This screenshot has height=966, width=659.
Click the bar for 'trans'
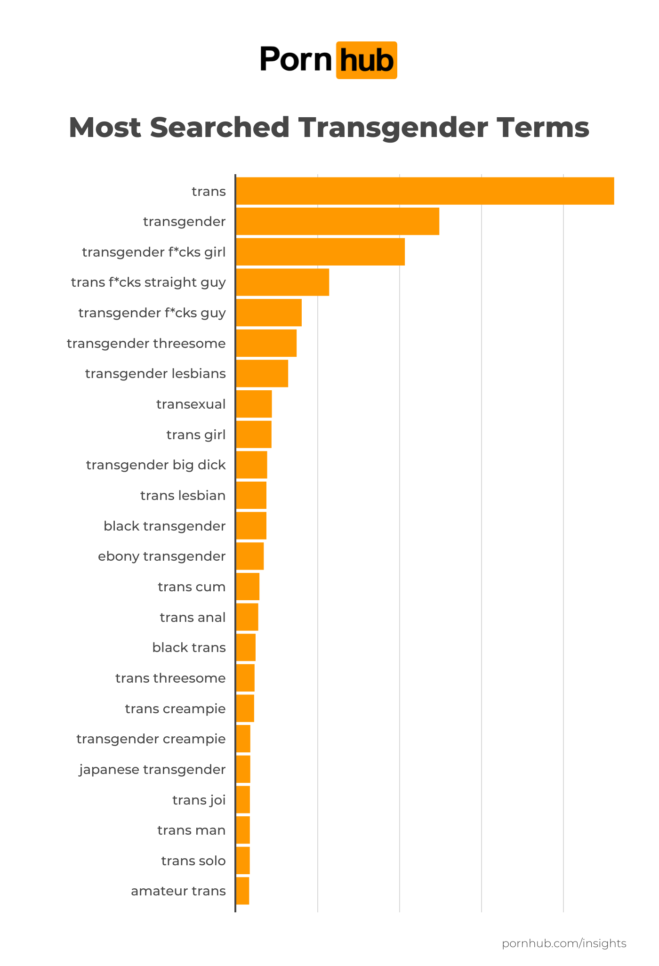[425, 191]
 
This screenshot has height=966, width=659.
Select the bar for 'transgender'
[338, 221]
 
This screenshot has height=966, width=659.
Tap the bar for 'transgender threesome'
[266, 343]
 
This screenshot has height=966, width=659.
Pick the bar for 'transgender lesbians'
[262, 373]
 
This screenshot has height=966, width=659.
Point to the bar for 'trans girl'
[254, 435]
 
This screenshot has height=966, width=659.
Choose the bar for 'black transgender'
[251, 526]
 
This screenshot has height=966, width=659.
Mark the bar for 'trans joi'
[243, 800]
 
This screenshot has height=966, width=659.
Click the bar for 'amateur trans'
[242, 891]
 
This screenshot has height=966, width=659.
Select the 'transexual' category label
[191, 404]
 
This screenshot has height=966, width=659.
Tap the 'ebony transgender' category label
[161, 556]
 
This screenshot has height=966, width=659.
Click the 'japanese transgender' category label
[152, 770]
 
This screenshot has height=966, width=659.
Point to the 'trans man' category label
[191, 830]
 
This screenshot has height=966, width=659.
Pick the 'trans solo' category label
[193, 861]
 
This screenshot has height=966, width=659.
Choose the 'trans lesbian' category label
[183, 496]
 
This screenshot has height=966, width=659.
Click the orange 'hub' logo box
[366, 60]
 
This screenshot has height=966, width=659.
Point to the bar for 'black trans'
[246, 648]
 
